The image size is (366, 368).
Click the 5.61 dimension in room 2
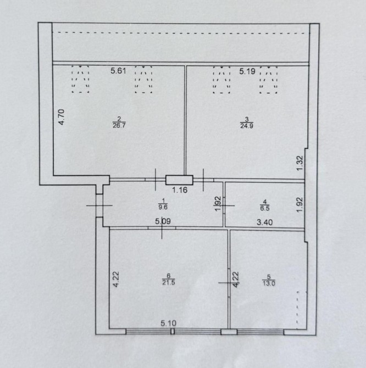pyautogui.click(x=118, y=71)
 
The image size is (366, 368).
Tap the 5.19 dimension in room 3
pyautogui.click(x=247, y=71)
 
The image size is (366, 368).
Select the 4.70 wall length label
pyautogui.click(x=61, y=117)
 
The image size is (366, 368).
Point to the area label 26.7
pyautogui.click(x=119, y=125)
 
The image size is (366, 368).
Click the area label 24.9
pyautogui.click(x=247, y=126)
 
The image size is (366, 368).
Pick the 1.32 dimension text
pyautogui.click(x=300, y=163)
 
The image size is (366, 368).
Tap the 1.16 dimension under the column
pyautogui.click(x=180, y=190)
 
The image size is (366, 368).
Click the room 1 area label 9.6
pyautogui.click(x=163, y=207)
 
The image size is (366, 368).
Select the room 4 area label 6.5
pyautogui.click(x=264, y=208)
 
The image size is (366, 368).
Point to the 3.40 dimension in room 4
pyautogui.click(x=264, y=222)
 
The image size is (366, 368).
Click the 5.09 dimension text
pyautogui.click(x=163, y=221)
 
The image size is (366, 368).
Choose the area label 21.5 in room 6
pyautogui.click(x=168, y=282)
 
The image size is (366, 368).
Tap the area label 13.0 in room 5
pyautogui.click(x=269, y=283)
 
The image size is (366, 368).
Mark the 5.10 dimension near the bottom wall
pyautogui.click(x=168, y=323)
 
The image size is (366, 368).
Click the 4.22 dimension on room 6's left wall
pyautogui.click(x=116, y=279)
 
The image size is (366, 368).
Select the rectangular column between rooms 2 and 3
pyautogui.click(x=179, y=180)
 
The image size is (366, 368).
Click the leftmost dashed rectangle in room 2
pyautogui.click(x=81, y=79)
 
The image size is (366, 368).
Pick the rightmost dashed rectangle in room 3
pyautogui.click(x=269, y=80)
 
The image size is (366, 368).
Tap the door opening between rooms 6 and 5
pyautogui.click(x=229, y=283)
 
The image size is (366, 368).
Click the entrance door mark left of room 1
pyautogui.click(x=99, y=205)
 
